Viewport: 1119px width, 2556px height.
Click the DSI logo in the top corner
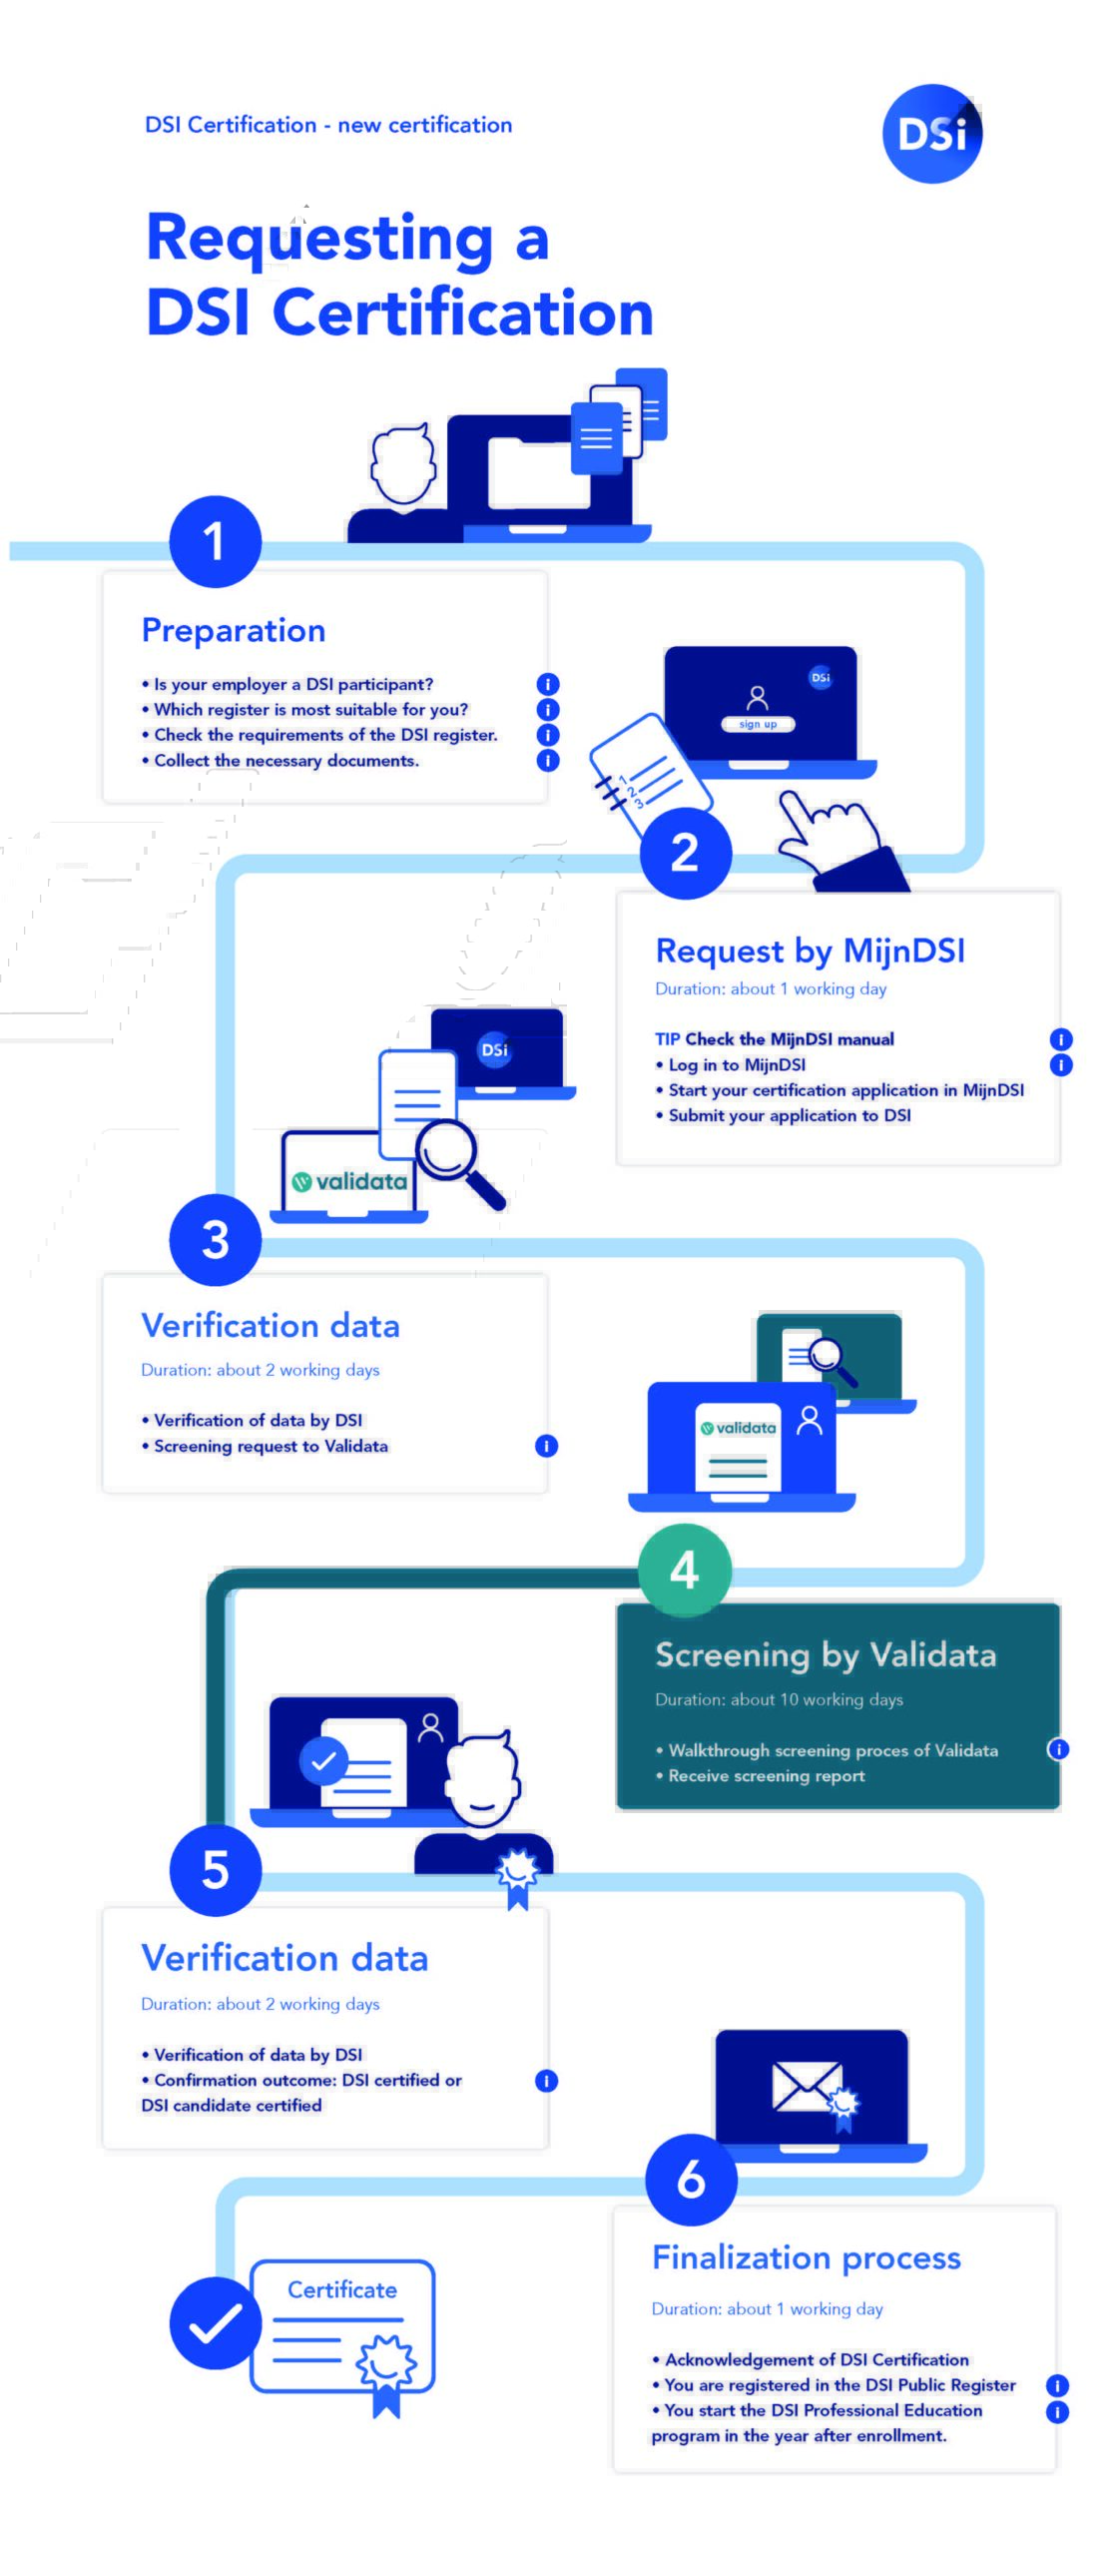pos(931,133)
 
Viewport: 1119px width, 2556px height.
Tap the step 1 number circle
pos(215,541)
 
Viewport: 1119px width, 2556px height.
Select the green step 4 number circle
pos(684,1570)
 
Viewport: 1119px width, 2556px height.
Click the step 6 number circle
pos(691,2180)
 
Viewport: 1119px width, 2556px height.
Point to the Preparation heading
pos(234,630)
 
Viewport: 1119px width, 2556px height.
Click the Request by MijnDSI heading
pos(810,951)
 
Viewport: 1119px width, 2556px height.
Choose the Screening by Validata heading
pos(826,1655)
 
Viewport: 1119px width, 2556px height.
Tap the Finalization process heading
pos(806,2257)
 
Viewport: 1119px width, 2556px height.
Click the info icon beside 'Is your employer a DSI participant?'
pos(547,684)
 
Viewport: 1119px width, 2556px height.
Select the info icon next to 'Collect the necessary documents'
pos(547,760)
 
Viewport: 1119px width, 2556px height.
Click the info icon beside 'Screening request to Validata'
pos(546,1446)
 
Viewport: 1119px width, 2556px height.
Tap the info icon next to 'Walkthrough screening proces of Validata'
pos(1058,1749)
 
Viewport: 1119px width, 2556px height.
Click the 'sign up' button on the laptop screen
pos(758,724)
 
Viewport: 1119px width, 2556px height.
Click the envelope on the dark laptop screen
pos(806,2087)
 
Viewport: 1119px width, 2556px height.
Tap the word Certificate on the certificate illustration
pos(341,2290)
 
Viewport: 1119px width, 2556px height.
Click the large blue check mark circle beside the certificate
pos(215,2323)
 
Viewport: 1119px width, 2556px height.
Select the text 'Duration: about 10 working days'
pos(779,1699)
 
